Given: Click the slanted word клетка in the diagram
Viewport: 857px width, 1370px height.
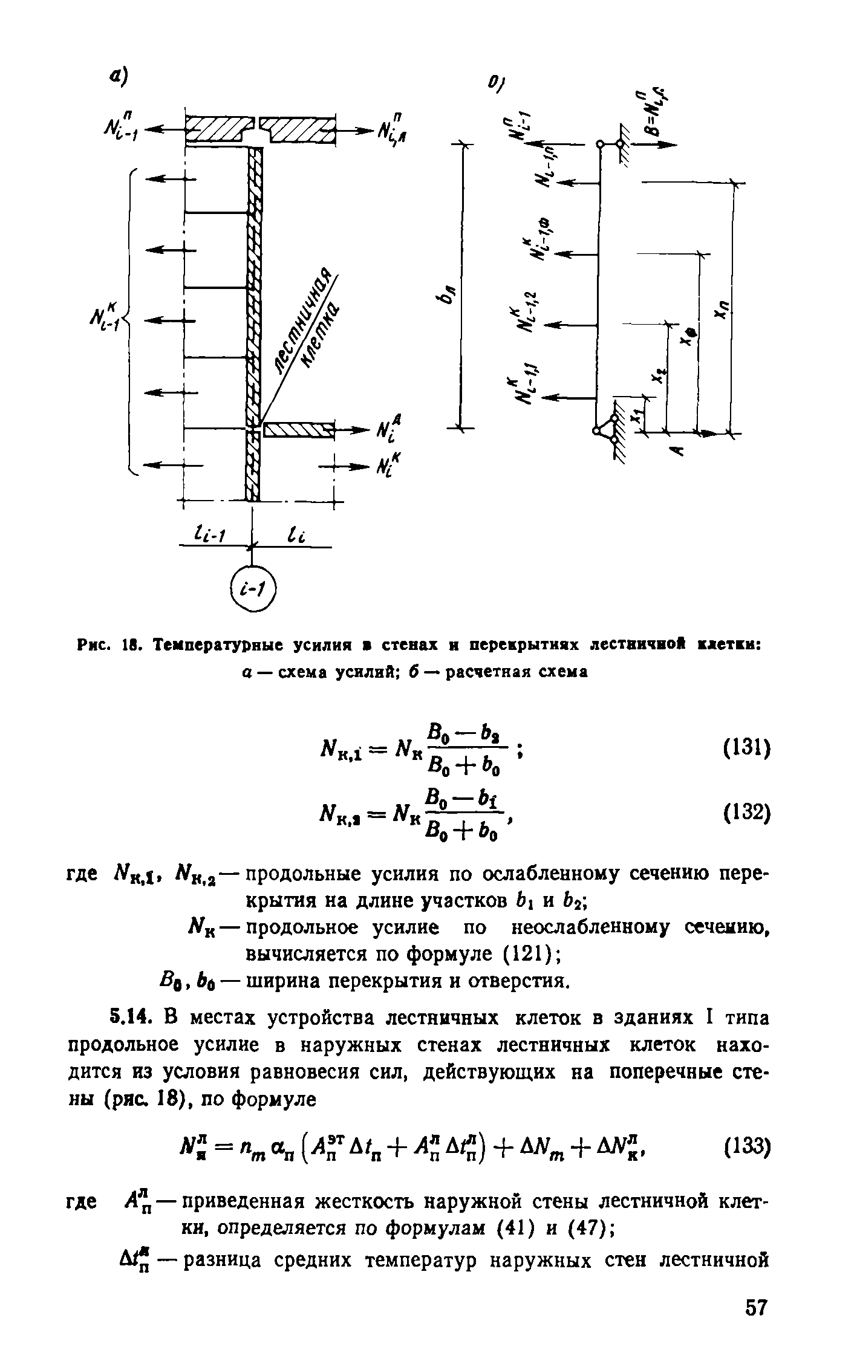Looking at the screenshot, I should (321, 339).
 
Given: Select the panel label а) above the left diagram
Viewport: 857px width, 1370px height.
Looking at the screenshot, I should (119, 77).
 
